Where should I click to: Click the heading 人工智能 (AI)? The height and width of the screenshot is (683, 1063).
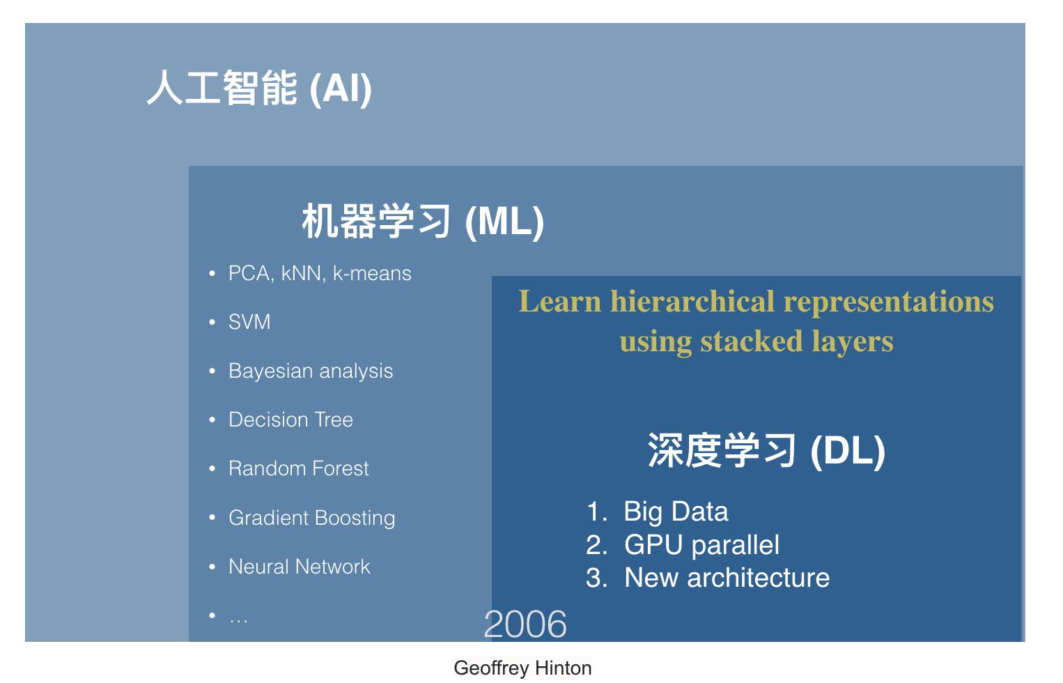tap(259, 89)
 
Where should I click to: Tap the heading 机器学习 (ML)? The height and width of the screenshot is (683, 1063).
tap(423, 221)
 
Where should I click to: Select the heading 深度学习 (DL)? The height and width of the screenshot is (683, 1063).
tap(766, 450)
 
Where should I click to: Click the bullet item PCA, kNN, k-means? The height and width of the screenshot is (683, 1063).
tap(320, 273)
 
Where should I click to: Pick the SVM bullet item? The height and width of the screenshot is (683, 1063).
tap(249, 322)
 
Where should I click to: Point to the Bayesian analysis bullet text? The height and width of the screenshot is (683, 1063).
tap(311, 371)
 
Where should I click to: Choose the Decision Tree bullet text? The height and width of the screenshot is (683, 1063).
tap(291, 420)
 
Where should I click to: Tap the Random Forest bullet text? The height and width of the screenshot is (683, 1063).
tap(299, 468)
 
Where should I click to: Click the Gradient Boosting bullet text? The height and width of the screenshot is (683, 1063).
tap(312, 518)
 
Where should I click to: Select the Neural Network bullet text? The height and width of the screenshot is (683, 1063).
tap(299, 567)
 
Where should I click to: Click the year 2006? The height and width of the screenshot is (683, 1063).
tap(525, 624)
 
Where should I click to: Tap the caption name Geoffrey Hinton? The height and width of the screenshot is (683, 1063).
tap(522, 668)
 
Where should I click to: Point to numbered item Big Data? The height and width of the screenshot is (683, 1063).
tap(676, 512)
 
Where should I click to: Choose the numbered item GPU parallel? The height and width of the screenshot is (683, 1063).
tap(701, 545)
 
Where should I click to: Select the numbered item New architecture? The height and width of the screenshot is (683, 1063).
tap(727, 578)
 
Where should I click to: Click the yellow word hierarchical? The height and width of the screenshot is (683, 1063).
tap(693, 301)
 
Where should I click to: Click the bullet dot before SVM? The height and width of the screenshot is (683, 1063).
tap(212, 322)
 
